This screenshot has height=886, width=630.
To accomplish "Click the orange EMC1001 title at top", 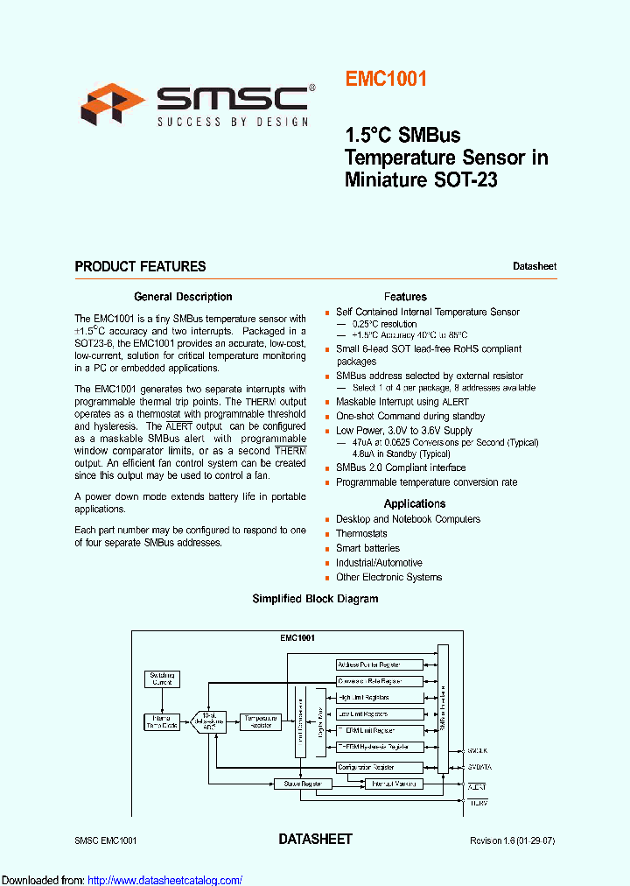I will click(x=386, y=79).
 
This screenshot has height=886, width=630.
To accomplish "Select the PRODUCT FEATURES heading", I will click(x=140, y=266).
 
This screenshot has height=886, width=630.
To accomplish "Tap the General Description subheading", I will click(x=183, y=297).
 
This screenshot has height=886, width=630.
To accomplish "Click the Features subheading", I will click(x=405, y=297).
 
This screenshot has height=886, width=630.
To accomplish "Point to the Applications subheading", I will click(x=414, y=503).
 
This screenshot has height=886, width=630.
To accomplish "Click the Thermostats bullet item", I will click(x=361, y=533).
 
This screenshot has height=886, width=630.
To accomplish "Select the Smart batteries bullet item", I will click(x=367, y=548).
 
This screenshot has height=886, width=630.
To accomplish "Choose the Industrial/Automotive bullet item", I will click(x=379, y=563).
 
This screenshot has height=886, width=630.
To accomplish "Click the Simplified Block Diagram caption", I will click(x=315, y=599).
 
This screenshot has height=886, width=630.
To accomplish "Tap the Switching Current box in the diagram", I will click(x=162, y=679).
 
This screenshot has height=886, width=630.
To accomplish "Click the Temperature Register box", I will click(x=260, y=721).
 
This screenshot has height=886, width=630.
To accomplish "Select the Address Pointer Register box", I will click(x=380, y=665).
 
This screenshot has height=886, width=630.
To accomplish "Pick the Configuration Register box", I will click(x=380, y=766).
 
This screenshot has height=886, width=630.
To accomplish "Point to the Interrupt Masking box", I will click(x=393, y=784).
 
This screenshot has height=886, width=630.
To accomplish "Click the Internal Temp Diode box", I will click(x=162, y=721).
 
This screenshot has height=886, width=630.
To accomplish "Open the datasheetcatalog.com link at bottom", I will click(x=165, y=880).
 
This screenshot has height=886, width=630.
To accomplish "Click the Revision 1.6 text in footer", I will click(x=512, y=840).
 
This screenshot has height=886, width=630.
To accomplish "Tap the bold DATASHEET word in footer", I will click(x=315, y=839).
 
